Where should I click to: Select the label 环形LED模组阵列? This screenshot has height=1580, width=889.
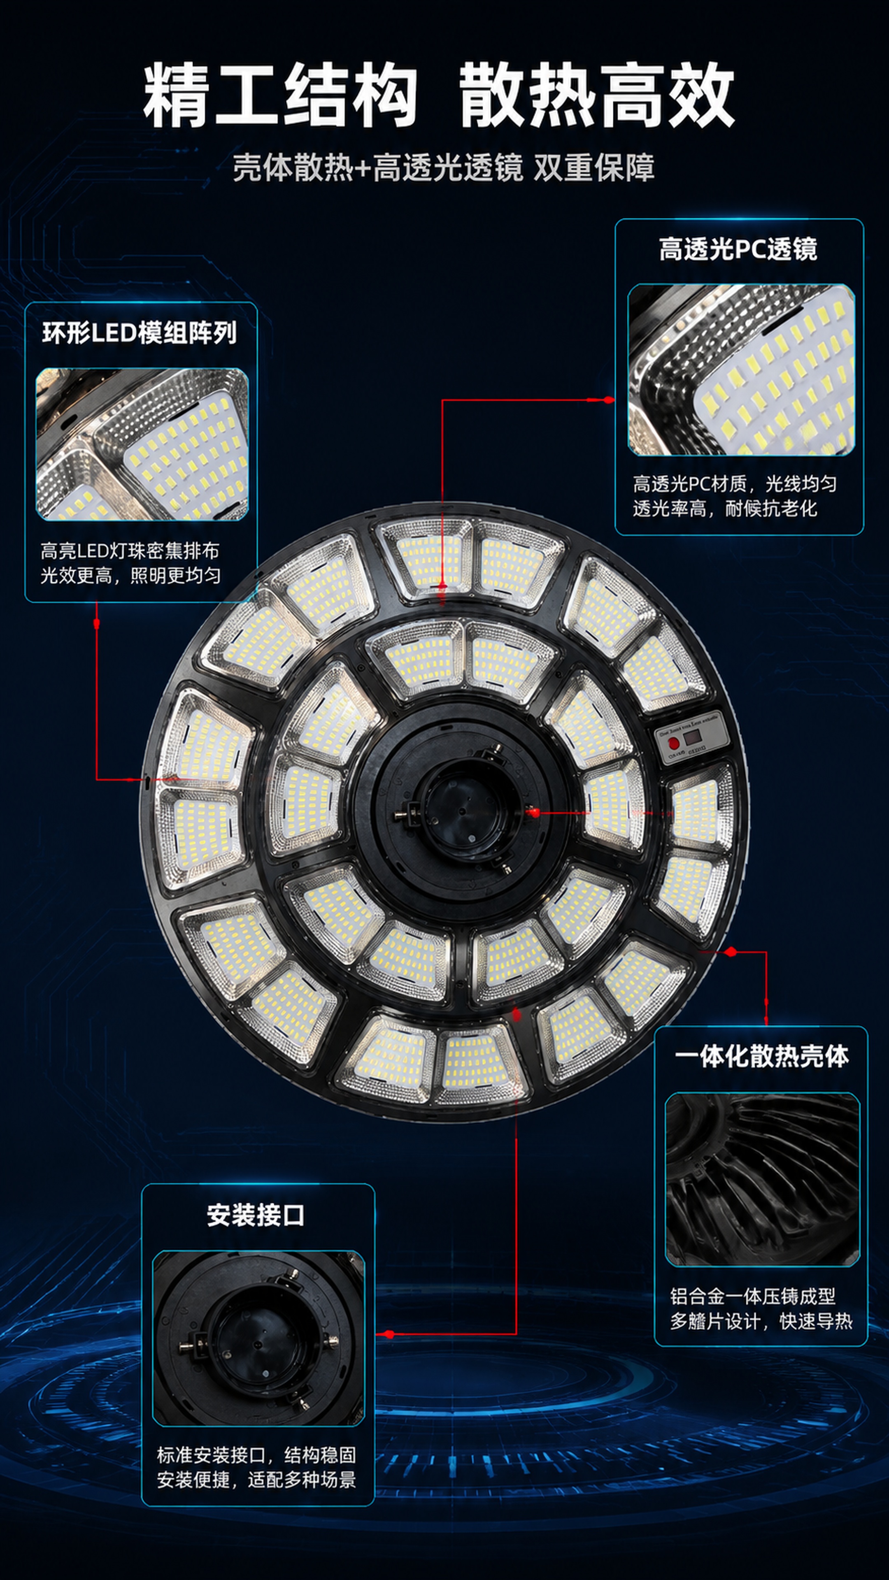(139, 332)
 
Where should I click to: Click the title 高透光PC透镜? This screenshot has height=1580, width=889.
(738, 249)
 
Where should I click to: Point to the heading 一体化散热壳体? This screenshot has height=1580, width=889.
(761, 1056)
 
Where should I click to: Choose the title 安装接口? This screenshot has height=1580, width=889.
(256, 1215)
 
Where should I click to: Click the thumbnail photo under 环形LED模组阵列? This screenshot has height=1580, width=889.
(142, 444)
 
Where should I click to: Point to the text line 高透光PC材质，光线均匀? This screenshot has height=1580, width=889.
(734, 484)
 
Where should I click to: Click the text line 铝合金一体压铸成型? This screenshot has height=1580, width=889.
(752, 1296)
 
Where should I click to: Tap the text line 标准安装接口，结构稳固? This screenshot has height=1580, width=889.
(256, 1455)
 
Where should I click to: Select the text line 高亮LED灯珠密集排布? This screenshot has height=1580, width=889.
(130, 551)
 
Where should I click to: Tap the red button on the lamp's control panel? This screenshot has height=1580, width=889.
(673, 743)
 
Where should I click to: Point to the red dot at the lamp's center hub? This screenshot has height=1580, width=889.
(534, 813)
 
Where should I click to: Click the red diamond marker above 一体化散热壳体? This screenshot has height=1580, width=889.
(730, 952)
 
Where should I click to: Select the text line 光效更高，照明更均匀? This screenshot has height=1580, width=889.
(131, 575)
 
